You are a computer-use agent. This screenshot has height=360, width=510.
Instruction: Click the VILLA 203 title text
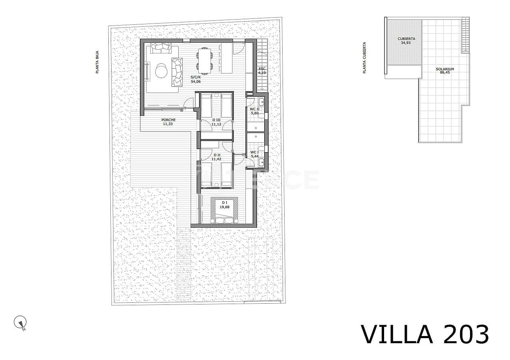(x=425, y=335)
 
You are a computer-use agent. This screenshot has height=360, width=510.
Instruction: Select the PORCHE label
(x=168, y=120)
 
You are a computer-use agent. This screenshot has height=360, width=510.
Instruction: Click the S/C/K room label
(x=195, y=77)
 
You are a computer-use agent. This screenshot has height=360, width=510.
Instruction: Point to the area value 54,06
(x=196, y=81)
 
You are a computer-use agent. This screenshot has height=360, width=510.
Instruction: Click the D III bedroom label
(x=216, y=120)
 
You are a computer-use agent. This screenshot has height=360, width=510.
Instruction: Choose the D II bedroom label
(x=217, y=155)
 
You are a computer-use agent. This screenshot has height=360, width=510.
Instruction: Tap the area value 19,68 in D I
(x=224, y=207)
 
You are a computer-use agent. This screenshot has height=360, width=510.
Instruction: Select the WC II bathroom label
(x=255, y=109)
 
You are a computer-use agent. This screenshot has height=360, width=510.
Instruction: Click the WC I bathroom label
(x=254, y=152)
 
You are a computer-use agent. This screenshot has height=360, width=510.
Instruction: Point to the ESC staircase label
(x=262, y=69)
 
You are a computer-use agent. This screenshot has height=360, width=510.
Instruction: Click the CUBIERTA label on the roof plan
(x=406, y=39)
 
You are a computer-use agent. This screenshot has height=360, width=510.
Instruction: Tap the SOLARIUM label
(x=444, y=69)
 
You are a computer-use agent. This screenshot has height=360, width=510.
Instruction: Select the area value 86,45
(x=444, y=73)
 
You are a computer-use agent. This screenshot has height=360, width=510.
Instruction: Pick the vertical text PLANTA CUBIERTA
(x=365, y=58)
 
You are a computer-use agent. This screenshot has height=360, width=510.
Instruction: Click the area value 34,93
(x=406, y=43)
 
